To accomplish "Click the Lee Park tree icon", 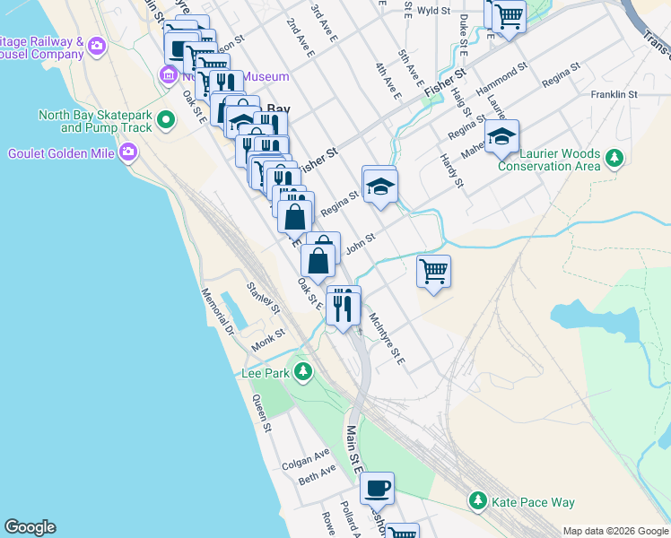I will pos(303,371).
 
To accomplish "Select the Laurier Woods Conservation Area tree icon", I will pos(614,159).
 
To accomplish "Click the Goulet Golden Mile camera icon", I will pos(128,152).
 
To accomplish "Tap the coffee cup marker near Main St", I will pos(377,489).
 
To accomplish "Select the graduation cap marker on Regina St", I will pos(379,187).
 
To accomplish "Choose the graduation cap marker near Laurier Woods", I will pos(502,136).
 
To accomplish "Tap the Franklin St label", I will pos(614,94).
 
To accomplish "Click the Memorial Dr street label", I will pos(216,311).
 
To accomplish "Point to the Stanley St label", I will pos(264,298).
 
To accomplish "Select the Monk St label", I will pos(267,339).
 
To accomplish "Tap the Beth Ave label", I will pos(317,473).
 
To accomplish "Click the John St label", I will pos(359,243).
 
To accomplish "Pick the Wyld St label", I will pos(433,11).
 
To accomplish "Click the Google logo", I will pos(30,527).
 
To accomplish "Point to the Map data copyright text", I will pos(614,531).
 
